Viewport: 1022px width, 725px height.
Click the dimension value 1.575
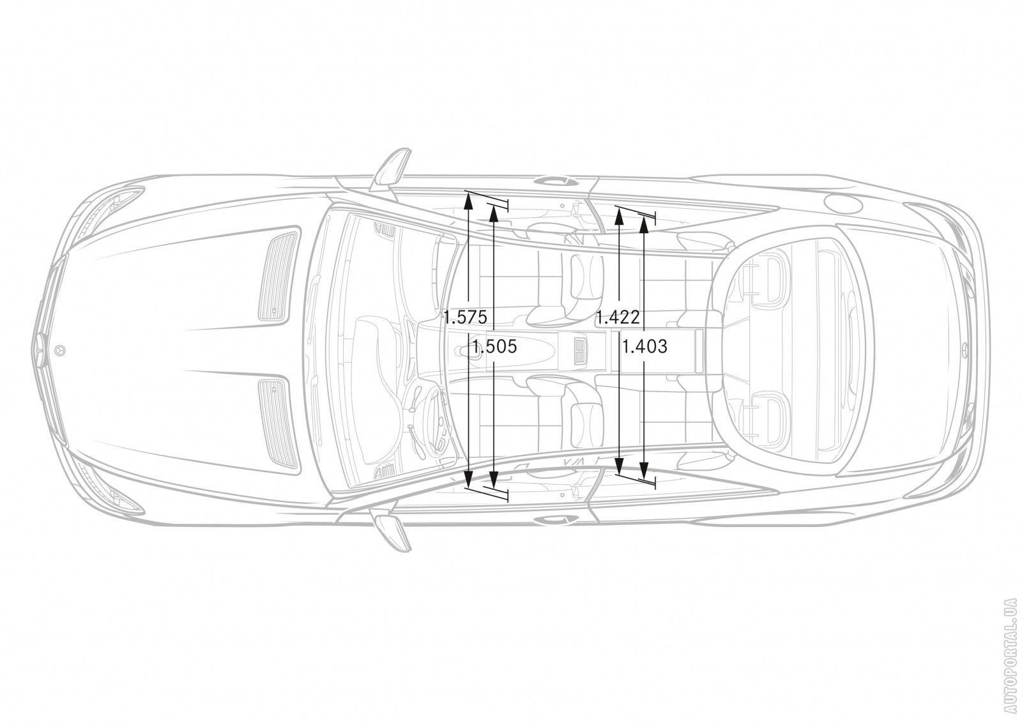[466, 317]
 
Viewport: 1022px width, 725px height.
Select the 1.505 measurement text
[494, 347]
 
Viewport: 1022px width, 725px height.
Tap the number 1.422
[618, 317]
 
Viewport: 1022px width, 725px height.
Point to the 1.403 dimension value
[644, 347]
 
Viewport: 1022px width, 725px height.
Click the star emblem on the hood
[59, 350]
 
